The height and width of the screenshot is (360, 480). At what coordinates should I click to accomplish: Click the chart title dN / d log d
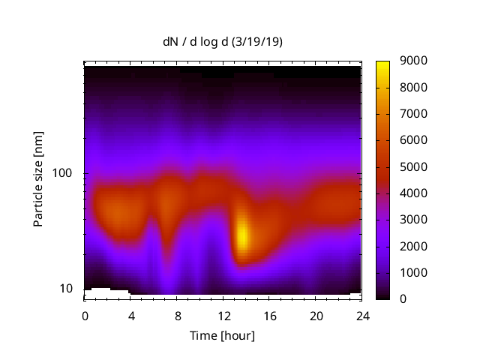pos(199,43)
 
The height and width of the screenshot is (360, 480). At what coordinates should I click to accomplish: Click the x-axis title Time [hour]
pos(222,335)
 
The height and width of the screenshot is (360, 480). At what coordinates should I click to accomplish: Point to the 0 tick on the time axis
pos(85,315)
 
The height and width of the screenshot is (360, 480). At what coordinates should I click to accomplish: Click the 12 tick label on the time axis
pos(223,315)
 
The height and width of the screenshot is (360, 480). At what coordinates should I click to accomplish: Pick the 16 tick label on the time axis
pos(269,315)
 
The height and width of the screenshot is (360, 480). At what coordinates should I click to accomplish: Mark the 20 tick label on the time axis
pos(316,315)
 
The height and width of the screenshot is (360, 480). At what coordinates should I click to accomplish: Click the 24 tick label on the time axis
pos(361,315)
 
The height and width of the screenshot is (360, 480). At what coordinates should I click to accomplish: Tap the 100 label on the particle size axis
pos(61,173)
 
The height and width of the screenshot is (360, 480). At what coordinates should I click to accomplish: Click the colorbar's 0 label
pos(404,298)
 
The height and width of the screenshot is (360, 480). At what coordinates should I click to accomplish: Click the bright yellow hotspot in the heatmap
pos(242,236)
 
